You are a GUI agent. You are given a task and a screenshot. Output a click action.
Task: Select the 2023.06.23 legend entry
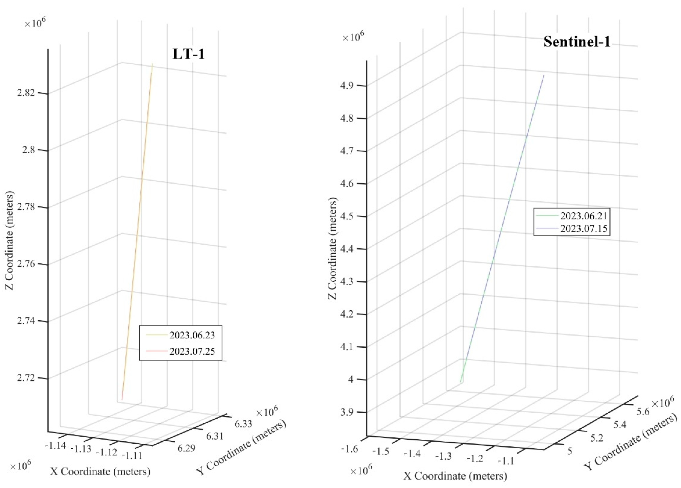[192, 335]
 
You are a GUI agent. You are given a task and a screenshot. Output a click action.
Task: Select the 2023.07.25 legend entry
[192, 351]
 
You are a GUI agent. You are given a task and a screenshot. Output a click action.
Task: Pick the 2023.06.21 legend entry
[584, 216]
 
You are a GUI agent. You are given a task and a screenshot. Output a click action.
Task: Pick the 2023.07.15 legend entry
[584, 229]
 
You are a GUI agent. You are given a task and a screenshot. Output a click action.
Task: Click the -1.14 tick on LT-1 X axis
[55, 445]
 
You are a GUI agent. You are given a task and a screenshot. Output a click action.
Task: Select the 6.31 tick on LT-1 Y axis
[215, 436]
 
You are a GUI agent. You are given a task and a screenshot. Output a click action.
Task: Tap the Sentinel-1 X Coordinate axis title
[455, 476]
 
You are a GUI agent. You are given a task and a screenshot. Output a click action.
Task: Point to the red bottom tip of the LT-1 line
[122, 399]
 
